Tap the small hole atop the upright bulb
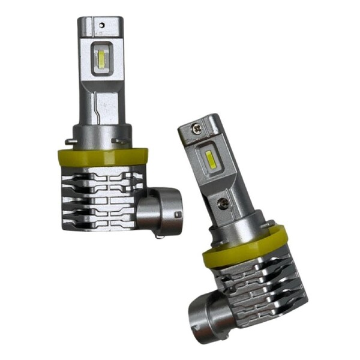[x=102, y=26]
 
